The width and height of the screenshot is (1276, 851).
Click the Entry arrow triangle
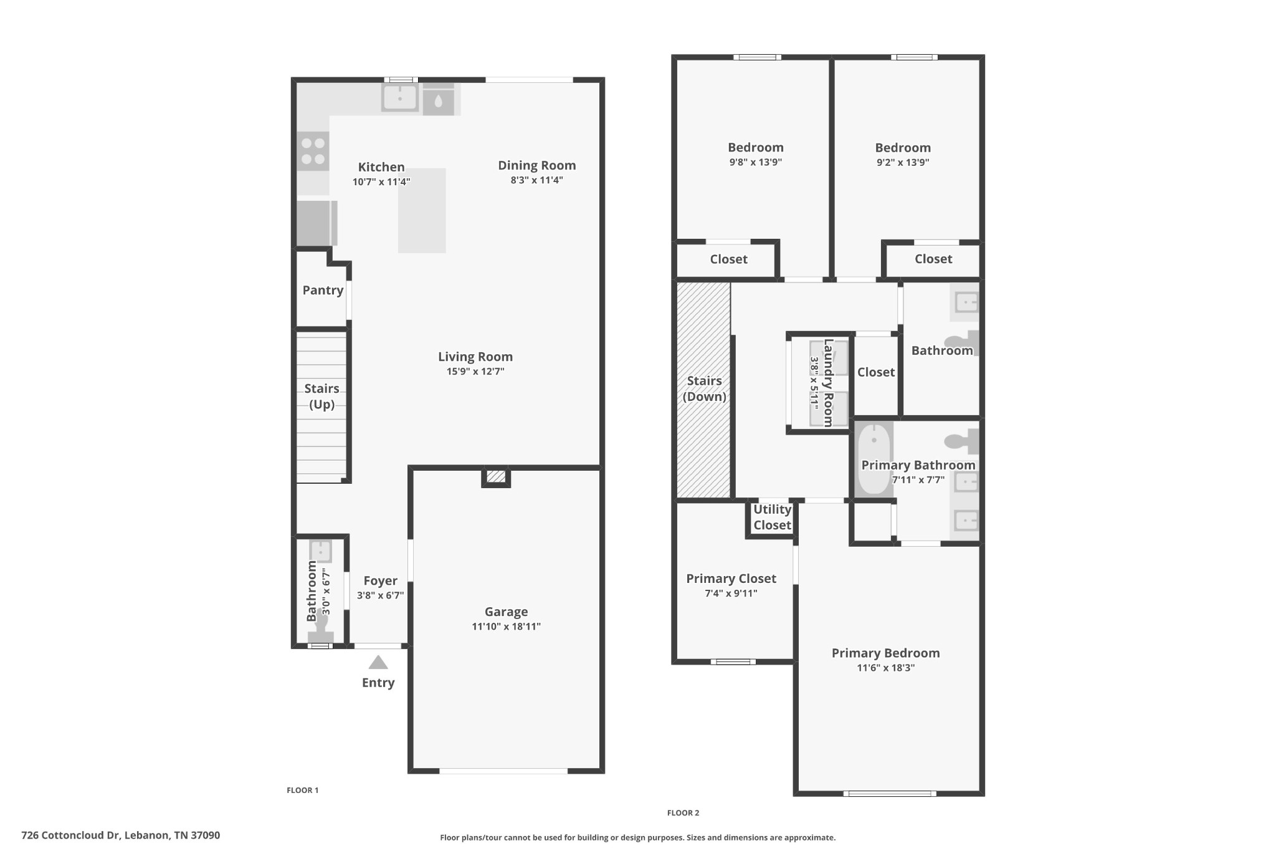click(378, 662)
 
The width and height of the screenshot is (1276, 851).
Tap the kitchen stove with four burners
click(313, 151)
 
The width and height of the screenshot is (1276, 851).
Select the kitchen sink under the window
click(399, 98)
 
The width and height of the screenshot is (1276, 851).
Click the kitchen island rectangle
click(422, 210)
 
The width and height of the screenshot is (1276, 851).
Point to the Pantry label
click(323, 290)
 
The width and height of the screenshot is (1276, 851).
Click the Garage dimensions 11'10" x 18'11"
click(506, 627)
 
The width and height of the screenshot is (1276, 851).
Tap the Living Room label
click(475, 357)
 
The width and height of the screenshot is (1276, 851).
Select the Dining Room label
click(537, 166)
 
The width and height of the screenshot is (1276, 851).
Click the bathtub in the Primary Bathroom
click(874, 459)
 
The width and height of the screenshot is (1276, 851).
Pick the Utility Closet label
click(772, 517)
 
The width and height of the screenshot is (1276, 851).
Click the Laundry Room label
click(828, 383)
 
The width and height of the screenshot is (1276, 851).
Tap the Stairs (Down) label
click(704, 388)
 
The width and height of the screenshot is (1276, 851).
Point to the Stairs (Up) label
click(321, 396)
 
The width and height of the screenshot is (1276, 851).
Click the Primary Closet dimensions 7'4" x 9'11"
click(731, 594)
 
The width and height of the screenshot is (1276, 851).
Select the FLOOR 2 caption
click(683, 812)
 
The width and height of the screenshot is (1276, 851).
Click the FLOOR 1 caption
click(302, 790)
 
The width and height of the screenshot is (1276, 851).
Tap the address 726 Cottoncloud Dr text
click(70, 835)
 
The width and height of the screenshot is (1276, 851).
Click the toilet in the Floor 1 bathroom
click(321, 627)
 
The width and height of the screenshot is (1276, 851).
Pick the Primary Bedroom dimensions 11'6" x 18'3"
click(885, 668)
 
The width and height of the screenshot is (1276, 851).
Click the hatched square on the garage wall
click(496, 476)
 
